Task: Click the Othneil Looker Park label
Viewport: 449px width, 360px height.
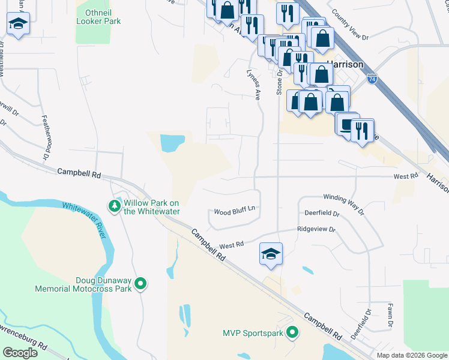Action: point(98,17)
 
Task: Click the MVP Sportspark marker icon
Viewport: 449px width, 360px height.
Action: point(292,332)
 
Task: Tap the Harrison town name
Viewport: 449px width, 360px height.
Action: point(345,64)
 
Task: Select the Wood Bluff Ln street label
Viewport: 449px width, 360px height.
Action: point(235,212)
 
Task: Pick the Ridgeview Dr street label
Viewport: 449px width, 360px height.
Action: point(316,229)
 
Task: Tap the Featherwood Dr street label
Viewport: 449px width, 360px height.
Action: point(45,137)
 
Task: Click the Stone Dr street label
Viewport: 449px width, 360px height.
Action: point(279,82)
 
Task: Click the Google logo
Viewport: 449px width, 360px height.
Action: point(19,353)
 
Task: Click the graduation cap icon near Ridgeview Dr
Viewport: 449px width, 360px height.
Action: point(271,253)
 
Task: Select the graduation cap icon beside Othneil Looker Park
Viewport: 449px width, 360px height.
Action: point(19,25)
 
